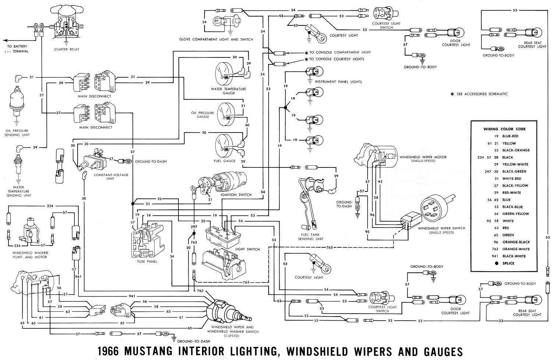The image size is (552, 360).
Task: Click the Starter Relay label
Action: click(x=66, y=49)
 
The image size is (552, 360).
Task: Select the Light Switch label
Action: click(x=248, y=250)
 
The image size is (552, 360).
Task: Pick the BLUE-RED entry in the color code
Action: click(x=510, y=136)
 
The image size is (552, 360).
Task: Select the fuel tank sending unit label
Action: click(x=311, y=237)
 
